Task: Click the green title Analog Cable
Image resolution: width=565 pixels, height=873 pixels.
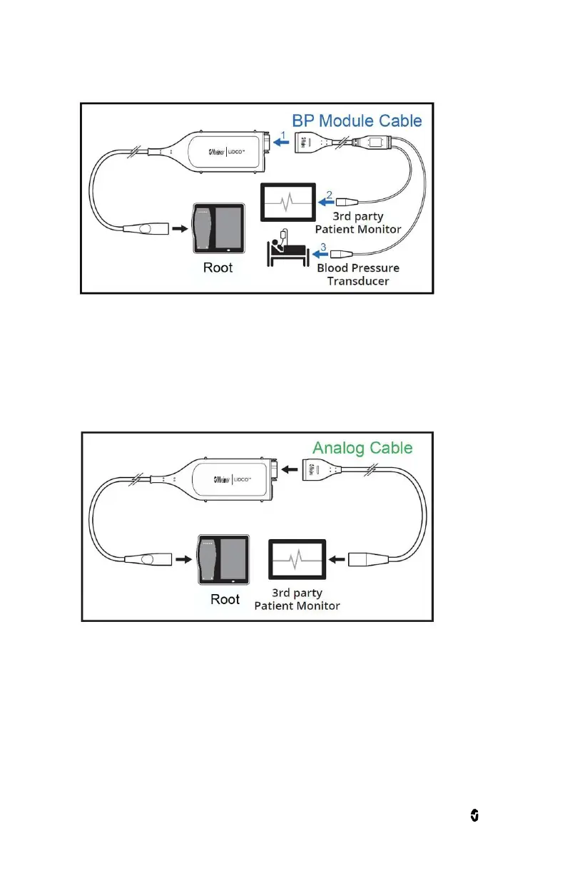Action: click(362, 448)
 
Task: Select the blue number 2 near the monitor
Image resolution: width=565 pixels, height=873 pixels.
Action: click(329, 194)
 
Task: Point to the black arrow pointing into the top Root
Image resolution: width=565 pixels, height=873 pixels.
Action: click(180, 230)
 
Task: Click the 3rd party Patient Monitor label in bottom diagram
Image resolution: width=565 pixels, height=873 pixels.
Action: click(297, 600)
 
